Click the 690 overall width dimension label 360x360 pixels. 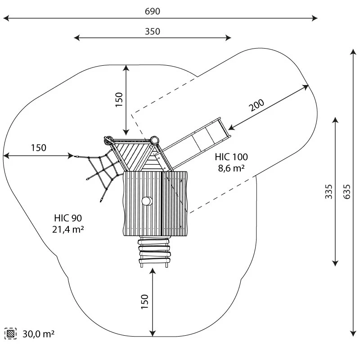[x=152, y=11]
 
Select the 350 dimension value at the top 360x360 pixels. [x=152, y=31]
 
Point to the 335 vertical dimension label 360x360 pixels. [x=329, y=191]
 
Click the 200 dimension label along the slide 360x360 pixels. [x=256, y=105]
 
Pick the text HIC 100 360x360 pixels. [x=231, y=157]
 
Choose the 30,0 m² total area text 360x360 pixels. [x=38, y=334]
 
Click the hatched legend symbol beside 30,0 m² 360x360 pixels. [x=10, y=333]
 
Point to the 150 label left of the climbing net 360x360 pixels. [x=39, y=148]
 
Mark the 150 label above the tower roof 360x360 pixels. [x=119, y=100]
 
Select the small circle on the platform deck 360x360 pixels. [x=146, y=201]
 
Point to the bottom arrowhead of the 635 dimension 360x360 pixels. [x=352, y=334]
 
